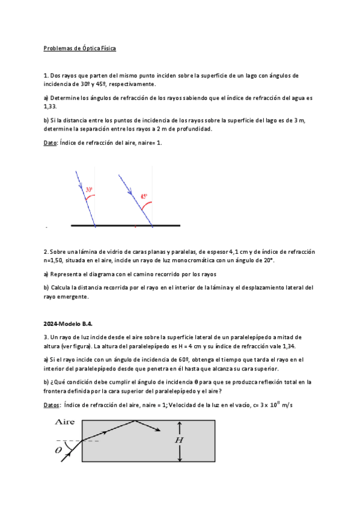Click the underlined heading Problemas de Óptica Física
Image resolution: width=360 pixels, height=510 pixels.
click(x=79, y=48)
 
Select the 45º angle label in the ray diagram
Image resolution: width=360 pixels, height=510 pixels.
click(x=144, y=196)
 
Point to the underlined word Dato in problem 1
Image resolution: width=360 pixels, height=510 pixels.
click(x=51, y=143)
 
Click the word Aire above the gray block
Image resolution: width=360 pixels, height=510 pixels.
click(x=65, y=422)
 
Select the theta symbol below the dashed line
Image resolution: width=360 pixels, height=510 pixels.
click(x=58, y=449)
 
